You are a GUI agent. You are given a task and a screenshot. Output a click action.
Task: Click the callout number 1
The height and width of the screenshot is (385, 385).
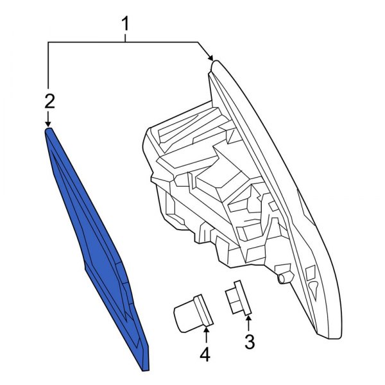click(x=126, y=24)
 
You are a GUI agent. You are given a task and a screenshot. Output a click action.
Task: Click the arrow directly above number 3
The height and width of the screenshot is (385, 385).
click(x=249, y=318)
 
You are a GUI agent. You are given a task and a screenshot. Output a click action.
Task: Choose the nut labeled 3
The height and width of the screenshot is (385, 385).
click(x=237, y=298)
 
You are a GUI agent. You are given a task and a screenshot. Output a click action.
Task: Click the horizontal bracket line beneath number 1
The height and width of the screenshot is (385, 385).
click(x=126, y=42)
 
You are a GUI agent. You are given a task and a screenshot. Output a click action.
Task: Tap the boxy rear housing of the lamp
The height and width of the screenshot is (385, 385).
click(x=193, y=186)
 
